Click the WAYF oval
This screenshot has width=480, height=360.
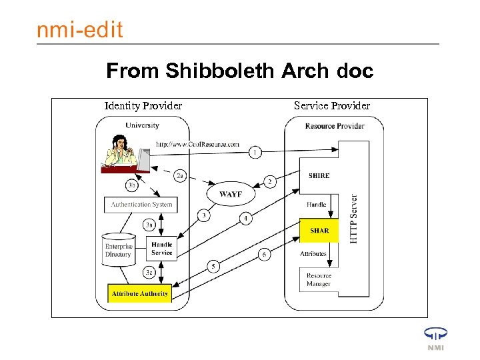click(x=230, y=194)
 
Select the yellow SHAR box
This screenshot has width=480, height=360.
click(x=319, y=231)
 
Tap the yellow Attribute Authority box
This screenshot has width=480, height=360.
click(x=140, y=293)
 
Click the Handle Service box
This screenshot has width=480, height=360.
click(x=161, y=249)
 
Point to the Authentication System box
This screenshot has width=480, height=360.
click(x=141, y=205)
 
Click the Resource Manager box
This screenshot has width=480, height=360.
click(x=319, y=280)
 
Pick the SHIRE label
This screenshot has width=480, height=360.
click(x=319, y=176)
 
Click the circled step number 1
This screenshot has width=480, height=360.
click(x=255, y=153)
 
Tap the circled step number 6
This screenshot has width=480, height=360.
click(x=265, y=255)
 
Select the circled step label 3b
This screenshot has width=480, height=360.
click(x=133, y=185)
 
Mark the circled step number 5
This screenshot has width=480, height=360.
click(x=213, y=267)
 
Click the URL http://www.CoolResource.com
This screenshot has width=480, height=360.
click(x=197, y=144)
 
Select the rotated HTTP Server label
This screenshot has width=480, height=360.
click(x=354, y=219)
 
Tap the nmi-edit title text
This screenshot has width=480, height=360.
click(x=79, y=30)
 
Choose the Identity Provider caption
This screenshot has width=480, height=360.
click(x=143, y=105)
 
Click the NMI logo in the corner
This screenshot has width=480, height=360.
click(x=435, y=338)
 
